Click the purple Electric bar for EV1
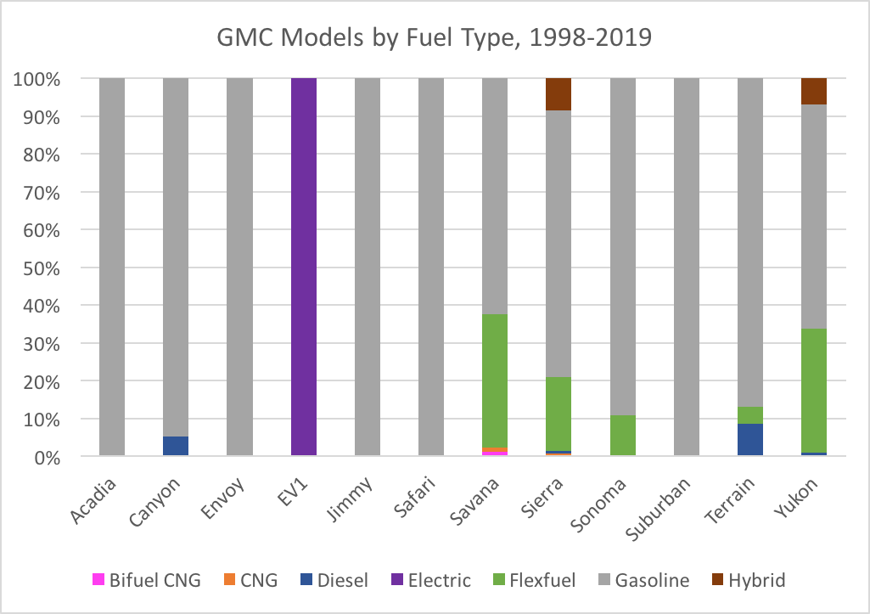pyautogui.click(x=304, y=267)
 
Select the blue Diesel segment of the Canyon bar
pyautogui.click(x=176, y=447)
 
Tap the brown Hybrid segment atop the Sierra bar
pyautogui.click(x=558, y=94)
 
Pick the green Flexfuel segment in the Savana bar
pyautogui.click(x=495, y=380)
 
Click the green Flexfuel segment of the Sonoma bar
pyautogui.click(x=623, y=436)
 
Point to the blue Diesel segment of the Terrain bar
pyautogui.click(x=750, y=440)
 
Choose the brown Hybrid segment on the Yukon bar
pyautogui.click(x=814, y=92)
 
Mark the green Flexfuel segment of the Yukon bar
pyautogui.click(x=814, y=391)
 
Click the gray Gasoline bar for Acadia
pyautogui.click(x=112, y=267)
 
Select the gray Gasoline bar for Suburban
pyautogui.click(x=687, y=267)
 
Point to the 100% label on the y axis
pyautogui.click(x=36, y=79)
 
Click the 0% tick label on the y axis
pyautogui.click(x=48, y=458)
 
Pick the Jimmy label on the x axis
pyautogui.click(x=350, y=499)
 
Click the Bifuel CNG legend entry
pyautogui.click(x=147, y=580)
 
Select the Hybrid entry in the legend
pyautogui.click(x=749, y=580)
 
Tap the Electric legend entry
pyautogui.click(x=431, y=580)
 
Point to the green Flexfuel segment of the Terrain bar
pyautogui.click(x=750, y=415)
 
